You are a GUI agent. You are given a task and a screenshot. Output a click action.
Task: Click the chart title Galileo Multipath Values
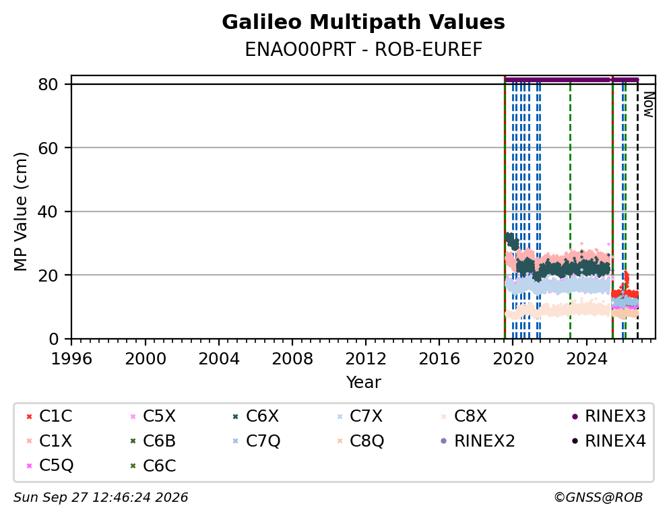[363, 22]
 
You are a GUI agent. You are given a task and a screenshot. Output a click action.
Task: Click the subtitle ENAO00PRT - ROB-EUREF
[363, 49]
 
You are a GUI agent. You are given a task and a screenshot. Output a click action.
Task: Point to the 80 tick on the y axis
[48, 84]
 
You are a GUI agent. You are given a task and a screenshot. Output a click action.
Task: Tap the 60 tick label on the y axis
[48, 148]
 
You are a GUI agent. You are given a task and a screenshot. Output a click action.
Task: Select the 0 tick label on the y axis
[53, 339]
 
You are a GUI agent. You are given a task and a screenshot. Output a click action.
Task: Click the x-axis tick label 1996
[71, 359]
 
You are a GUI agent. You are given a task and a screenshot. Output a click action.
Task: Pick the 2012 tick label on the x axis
[366, 359]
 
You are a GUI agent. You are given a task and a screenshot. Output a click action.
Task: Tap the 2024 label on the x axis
[586, 359]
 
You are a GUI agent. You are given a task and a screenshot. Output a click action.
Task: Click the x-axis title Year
[363, 382]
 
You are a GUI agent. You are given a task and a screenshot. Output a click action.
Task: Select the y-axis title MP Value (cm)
[20, 212]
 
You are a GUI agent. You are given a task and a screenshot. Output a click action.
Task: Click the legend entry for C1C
[49, 416]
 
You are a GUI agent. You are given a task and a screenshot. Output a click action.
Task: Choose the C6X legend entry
[255, 416]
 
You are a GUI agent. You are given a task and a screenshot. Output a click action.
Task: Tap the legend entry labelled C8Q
[360, 441]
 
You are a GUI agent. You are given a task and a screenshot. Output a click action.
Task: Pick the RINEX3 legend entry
[608, 416]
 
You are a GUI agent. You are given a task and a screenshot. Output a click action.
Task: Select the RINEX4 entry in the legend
[608, 441]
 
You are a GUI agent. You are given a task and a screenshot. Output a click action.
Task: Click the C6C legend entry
[153, 465]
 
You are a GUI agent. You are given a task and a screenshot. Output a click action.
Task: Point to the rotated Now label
[649, 104]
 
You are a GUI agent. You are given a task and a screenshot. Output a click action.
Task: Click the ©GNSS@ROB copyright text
[598, 497]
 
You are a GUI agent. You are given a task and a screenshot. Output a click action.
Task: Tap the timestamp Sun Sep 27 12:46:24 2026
[100, 497]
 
